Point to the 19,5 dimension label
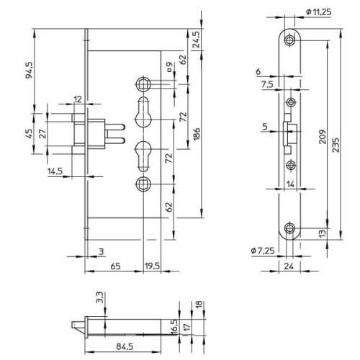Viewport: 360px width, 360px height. pyautogui.click(x=152, y=266)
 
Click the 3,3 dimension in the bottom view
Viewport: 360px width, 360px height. pyautogui.click(x=99, y=297)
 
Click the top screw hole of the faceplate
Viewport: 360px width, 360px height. pyautogui.click(x=289, y=40)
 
